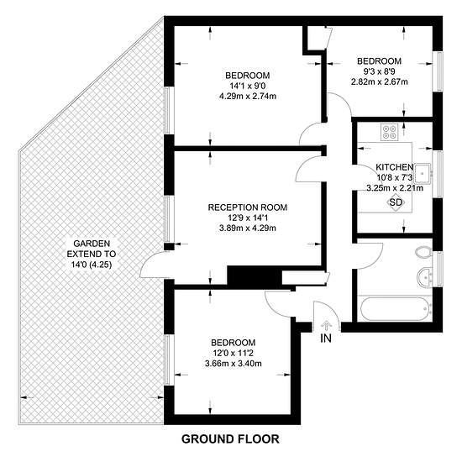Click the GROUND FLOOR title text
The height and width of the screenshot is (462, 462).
coord(230,439)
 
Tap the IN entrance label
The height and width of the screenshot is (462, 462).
coord(326,339)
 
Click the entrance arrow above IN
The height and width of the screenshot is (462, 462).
coord(326,327)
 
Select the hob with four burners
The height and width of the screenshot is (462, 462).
coord(389,132)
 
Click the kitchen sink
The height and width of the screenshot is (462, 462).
coord(423,173)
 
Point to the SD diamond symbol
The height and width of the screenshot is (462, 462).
coord(396,202)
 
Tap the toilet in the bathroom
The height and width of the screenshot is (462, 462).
coord(423,252)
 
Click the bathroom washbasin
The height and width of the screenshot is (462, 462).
coord(424,277)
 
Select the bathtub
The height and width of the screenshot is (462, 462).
coord(395,308)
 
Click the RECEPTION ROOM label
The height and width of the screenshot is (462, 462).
coord(248,207)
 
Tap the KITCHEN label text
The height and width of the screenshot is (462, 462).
coord(394,167)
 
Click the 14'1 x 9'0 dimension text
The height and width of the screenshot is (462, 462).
coord(248,86)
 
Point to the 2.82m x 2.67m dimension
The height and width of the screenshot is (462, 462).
coord(379,81)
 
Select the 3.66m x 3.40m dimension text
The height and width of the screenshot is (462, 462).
coord(233,363)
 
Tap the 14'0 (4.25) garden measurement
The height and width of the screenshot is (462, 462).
coord(92,265)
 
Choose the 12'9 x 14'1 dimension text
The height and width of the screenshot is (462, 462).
coord(248,218)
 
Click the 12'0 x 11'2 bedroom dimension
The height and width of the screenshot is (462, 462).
coord(233,353)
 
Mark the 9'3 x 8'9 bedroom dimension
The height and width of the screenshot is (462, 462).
coord(379,71)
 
